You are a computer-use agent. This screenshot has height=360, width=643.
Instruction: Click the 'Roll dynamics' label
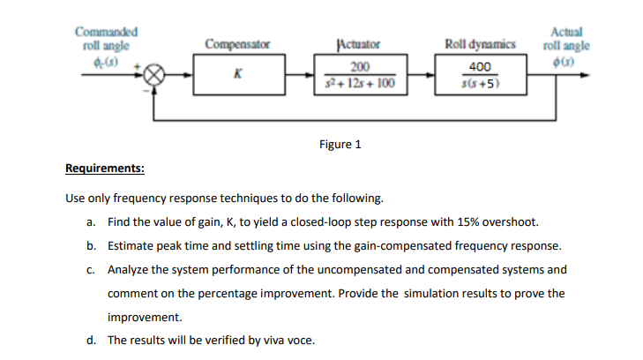coord(481,44)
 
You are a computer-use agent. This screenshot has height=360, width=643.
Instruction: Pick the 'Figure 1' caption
coord(340,144)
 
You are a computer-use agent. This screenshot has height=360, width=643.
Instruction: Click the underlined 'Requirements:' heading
coord(106,169)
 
